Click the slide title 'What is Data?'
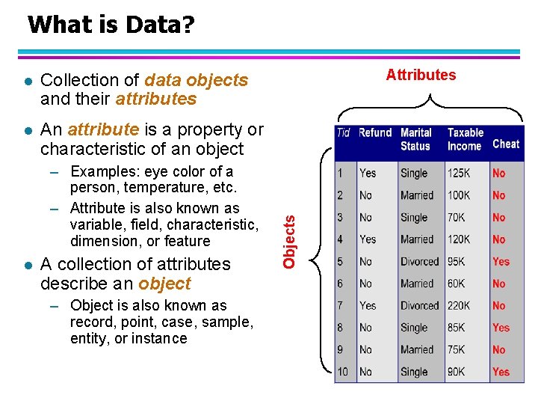(x=111, y=25)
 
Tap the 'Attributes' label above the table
(x=421, y=75)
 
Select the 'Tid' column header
(x=343, y=133)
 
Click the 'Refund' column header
(x=375, y=133)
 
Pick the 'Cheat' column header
(x=506, y=144)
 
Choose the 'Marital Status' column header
(x=416, y=140)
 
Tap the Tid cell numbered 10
(x=342, y=372)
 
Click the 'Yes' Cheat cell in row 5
(x=501, y=262)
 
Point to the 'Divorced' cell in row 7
(x=419, y=305)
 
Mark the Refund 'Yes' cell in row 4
(x=368, y=239)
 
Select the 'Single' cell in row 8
(x=414, y=328)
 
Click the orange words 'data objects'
(x=196, y=80)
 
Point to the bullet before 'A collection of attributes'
(x=27, y=265)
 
